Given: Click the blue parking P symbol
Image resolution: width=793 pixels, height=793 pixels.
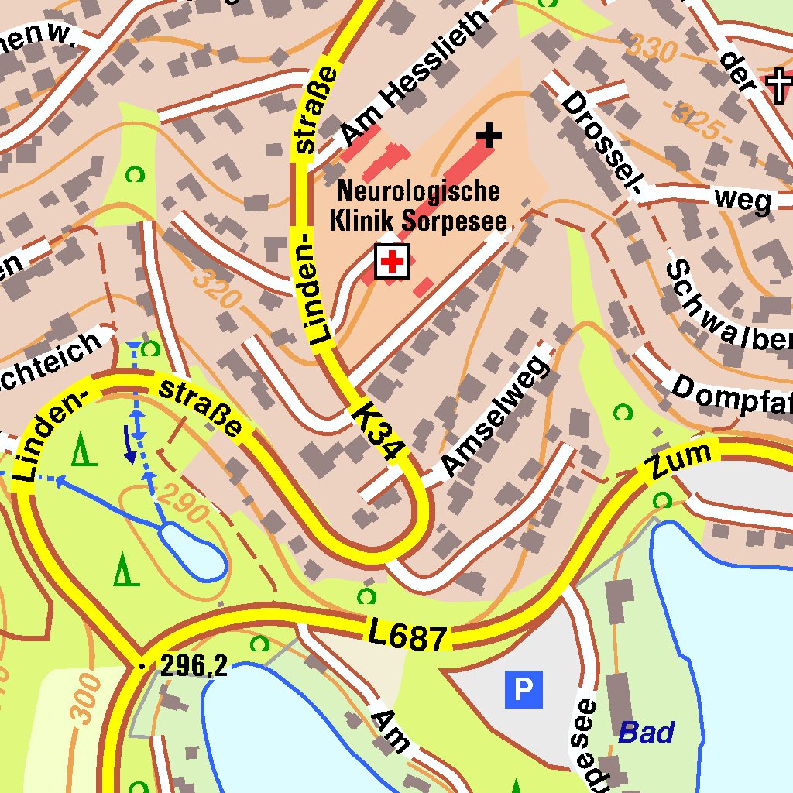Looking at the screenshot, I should click(524, 689).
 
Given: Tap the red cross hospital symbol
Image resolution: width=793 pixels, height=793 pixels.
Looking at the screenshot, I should click(393, 262).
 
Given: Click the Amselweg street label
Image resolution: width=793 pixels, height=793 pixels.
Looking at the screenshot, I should click(496, 417).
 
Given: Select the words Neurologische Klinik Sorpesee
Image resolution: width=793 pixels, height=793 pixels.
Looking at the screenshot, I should click(419, 206).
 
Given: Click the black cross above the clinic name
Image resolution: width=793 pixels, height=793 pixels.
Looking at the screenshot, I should click(489, 136).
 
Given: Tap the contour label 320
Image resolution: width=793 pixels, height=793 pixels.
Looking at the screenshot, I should click(217, 287).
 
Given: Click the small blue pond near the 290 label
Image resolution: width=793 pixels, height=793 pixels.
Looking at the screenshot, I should click(194, 551).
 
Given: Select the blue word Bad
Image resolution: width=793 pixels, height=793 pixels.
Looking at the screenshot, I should click(646, 732).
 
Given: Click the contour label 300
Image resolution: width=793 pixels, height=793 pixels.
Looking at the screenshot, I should click(87, 697).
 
